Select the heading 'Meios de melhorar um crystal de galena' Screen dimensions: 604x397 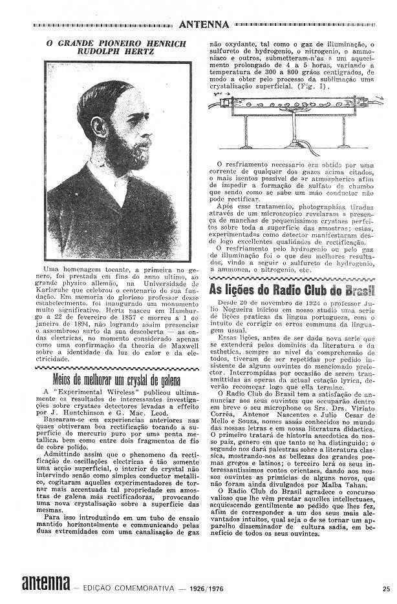click(113, 378)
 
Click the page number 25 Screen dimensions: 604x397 click(386, 588)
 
